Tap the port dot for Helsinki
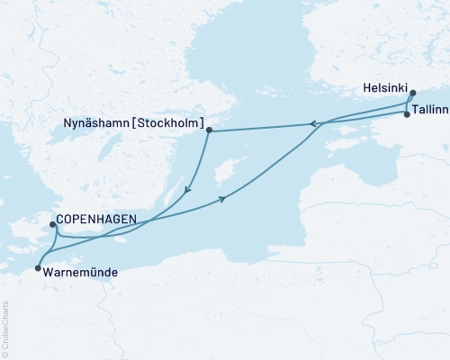click(x=412, y=93)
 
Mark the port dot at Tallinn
click(x=407, y=114)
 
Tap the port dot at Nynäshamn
click(x=209, y=130)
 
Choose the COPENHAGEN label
click(x=95, y=219)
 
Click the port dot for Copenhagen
click(x=52, y=225)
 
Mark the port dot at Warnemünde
click(x=37, y=268)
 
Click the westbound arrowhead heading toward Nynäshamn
click(x=311, y=124)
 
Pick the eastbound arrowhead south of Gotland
click(x=221, y=200)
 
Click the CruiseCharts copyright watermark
click(x=4, y=328)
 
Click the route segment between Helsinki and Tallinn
click(x=409, y=104)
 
